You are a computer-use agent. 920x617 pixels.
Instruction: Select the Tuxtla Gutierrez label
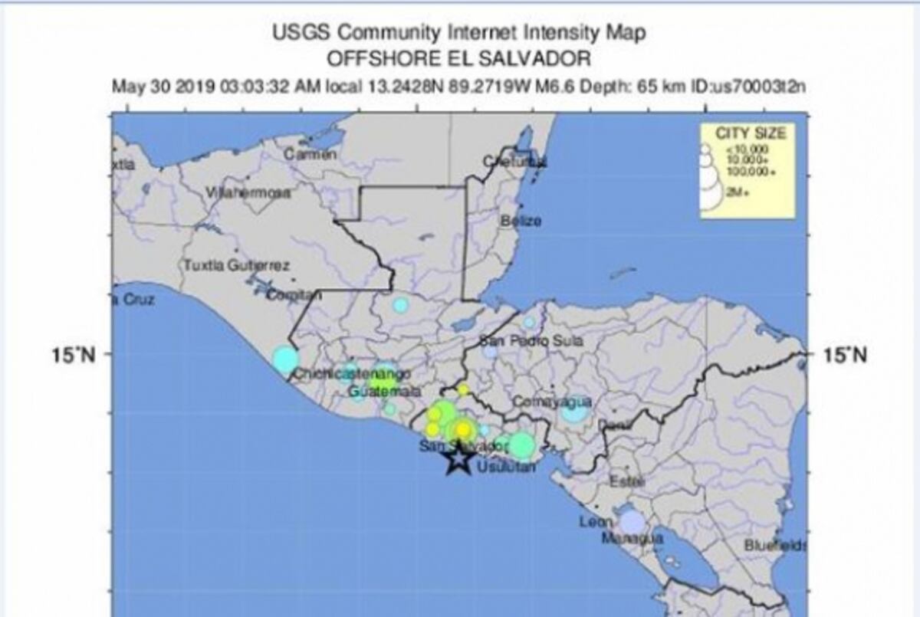point(236,266)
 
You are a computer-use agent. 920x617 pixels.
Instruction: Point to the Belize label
point(521,221)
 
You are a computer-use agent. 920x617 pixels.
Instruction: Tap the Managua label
point(632,539)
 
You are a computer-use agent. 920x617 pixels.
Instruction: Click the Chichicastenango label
point(353,374)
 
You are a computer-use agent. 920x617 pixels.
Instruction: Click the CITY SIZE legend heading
point(751,133)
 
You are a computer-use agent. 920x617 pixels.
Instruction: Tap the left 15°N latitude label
point(78,355)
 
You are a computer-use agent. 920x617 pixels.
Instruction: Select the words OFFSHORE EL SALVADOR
point(459,59)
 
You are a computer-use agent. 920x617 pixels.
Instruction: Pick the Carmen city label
point(310,154)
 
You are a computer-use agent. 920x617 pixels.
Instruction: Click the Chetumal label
point(515,161)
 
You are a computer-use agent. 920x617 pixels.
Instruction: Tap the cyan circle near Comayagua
point(574,412)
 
